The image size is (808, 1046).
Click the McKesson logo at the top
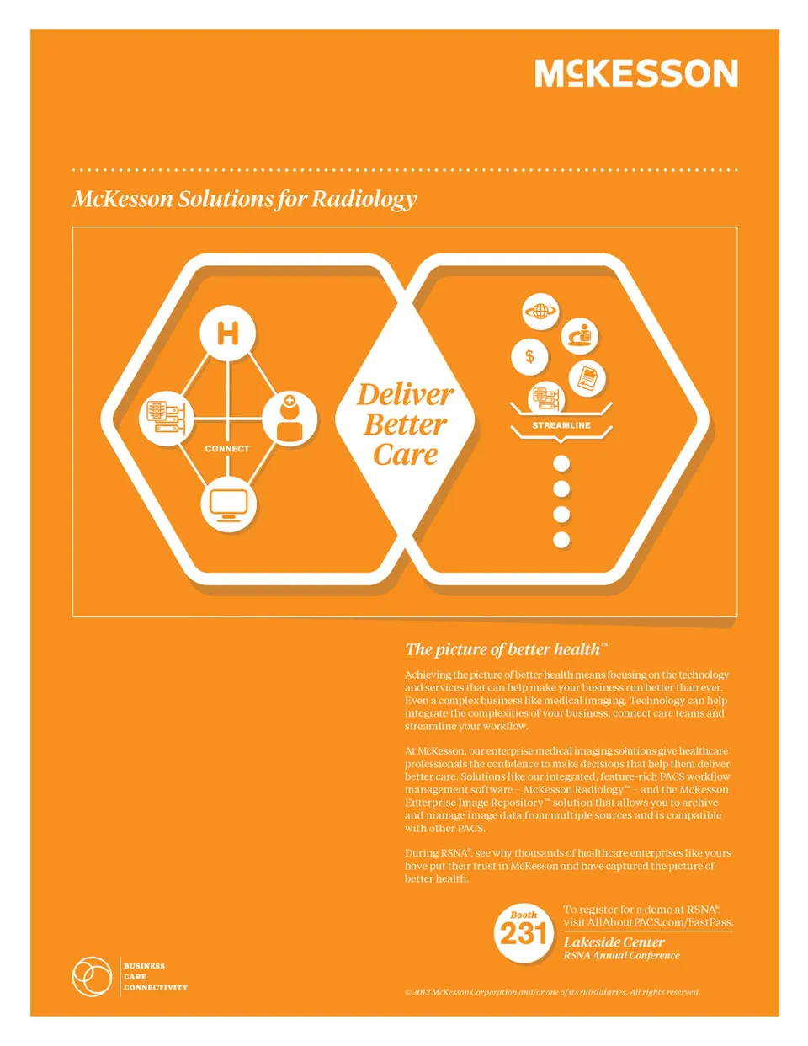[635, 73]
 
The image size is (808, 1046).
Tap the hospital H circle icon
[227, 334]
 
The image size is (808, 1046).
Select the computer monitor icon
[228, 504]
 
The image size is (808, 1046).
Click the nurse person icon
[290, 419]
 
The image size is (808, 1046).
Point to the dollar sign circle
[529, 357]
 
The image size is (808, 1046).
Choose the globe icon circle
[540, 312]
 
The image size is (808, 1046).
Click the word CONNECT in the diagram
[227, 449]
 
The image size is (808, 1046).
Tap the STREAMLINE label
[561, 425]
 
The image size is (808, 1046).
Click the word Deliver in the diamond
[405, 396]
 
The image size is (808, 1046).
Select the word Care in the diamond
[405, 455]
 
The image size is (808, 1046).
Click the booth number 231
[524, 934]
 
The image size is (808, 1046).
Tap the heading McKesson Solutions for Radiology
[244, 200]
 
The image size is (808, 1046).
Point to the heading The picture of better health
[507, 649]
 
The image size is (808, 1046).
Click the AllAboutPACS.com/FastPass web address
[660, 922]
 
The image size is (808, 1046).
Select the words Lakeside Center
[614, 942]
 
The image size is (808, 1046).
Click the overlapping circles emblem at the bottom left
[92, 977]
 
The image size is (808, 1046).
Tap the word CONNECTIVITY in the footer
[156, 987]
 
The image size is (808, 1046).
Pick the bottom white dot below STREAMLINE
[561, 540]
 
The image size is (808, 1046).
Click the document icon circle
[587, 378]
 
